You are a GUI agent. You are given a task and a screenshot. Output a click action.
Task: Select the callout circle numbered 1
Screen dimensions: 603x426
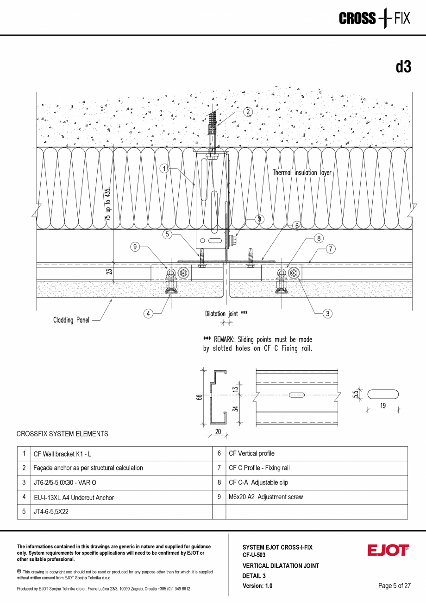click(x=164, y=169)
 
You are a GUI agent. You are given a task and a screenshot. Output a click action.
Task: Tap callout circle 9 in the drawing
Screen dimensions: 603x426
click(x=135, y=247)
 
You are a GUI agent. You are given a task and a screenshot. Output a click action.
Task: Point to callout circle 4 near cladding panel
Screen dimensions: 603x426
click(x=148, y=314)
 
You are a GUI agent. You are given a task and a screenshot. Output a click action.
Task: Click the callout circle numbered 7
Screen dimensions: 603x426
click(x=330, y=249)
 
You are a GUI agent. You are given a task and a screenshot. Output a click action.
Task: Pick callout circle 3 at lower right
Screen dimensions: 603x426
click(x=327, y=314)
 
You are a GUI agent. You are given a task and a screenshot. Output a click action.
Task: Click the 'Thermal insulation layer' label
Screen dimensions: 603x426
click(x=302, y=173)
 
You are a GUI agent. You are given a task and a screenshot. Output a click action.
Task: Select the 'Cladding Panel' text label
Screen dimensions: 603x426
click(x=71, y=320)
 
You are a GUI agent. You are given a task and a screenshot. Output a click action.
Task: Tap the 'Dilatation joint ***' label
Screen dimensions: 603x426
click(x=226, y=314)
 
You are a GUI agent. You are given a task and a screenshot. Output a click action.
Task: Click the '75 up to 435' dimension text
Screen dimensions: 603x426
click(x=108, y=207)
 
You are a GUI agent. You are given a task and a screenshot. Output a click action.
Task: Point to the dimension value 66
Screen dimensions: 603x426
click(x=199, y=397)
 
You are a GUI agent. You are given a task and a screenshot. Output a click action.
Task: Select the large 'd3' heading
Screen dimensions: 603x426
click(x=403, y=67)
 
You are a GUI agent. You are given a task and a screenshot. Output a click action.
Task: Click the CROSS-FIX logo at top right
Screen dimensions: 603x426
click(x=374, y=19)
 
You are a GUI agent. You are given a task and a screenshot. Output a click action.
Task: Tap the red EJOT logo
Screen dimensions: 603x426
click(x=388, y=550)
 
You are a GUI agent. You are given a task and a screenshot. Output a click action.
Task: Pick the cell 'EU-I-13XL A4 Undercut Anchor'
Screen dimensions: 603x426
click(x=74, y=498)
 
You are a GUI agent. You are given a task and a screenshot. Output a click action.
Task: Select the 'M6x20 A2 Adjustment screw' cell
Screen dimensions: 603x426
click(x=266, y=497)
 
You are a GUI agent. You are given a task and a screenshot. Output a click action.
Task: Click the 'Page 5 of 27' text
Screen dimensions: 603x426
click(x=394, y=586)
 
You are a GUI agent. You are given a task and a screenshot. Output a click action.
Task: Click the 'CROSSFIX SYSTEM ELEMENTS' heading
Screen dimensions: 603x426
click(x=62, y=434)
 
